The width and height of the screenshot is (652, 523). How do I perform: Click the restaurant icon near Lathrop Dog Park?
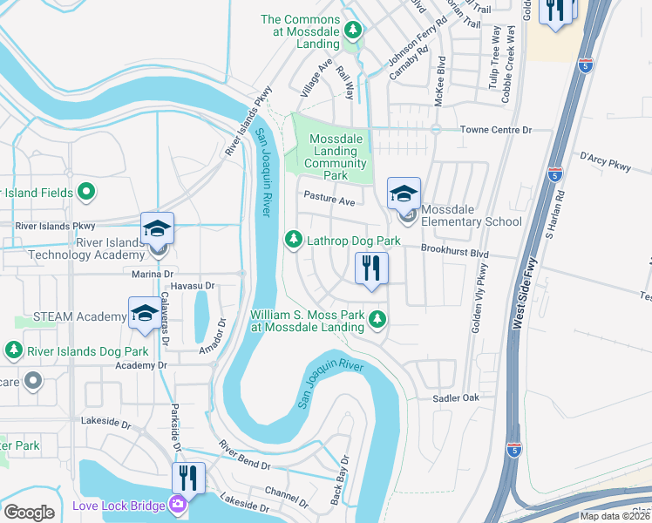371,269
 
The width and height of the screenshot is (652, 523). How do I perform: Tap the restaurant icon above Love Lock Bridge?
188,479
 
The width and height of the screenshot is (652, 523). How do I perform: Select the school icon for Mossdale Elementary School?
404,194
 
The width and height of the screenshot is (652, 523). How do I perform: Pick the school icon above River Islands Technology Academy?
157,229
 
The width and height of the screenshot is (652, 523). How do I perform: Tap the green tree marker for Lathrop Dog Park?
295,239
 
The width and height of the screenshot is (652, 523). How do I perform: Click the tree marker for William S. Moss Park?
377,320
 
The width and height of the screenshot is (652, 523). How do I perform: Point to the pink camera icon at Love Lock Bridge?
178,504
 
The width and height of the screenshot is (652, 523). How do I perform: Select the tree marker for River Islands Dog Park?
13,350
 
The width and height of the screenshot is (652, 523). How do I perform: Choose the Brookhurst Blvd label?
454,250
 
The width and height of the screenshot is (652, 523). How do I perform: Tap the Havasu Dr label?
192,286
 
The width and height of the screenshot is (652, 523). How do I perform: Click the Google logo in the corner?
29,512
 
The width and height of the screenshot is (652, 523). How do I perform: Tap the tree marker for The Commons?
352,31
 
